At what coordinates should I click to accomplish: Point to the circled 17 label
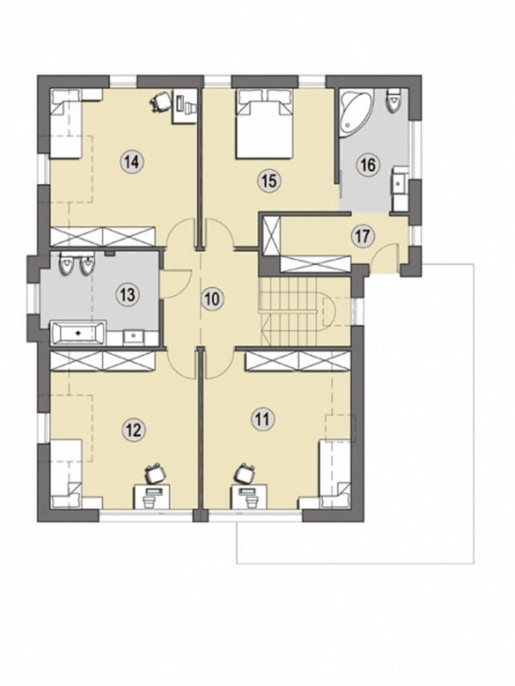[362, 236]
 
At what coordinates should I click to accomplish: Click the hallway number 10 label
[212, 300]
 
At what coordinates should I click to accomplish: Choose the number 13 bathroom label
[127, 294]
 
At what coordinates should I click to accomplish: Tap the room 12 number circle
[133, 430]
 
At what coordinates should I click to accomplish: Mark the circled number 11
[263, 419]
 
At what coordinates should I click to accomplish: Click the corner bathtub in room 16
[355, 111]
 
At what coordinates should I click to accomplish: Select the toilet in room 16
[393, 100]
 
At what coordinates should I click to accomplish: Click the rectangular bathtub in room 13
[78, 332]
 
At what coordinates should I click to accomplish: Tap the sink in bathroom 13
[133, 336]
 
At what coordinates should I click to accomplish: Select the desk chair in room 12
[155, 474]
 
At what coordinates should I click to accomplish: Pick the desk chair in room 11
[245, 474]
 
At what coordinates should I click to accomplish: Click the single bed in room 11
[335, 474]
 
